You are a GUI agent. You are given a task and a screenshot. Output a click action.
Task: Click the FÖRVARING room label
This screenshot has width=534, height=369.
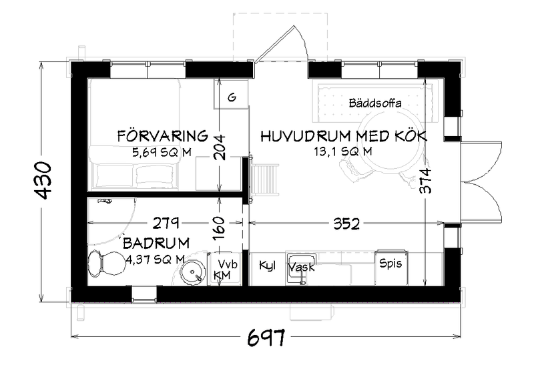tap(163, 136)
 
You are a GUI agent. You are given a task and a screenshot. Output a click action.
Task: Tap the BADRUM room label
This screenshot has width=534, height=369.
tap(156, 243)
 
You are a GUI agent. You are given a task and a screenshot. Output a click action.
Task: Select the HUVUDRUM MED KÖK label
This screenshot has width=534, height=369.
tap(343, 136)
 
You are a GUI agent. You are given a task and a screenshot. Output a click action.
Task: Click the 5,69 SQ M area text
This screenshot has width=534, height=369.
tap(162, 152)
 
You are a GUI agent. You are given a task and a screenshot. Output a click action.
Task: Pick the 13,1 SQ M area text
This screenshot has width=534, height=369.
tap(342, 151)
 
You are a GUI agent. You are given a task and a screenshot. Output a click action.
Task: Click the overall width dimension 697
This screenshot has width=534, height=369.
tap(266, 338)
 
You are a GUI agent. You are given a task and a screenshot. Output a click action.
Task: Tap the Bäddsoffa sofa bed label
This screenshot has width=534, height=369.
tap(374, 103)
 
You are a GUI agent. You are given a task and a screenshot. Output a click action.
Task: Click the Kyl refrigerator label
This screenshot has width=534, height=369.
tap(267, 264)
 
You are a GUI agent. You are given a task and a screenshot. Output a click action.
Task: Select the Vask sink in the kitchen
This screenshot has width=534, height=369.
tap(301, 266)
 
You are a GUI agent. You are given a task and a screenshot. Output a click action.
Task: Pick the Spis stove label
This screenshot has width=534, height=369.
tap(390, 263)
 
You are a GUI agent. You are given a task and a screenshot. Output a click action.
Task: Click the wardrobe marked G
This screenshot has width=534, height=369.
tap(232, 97)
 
